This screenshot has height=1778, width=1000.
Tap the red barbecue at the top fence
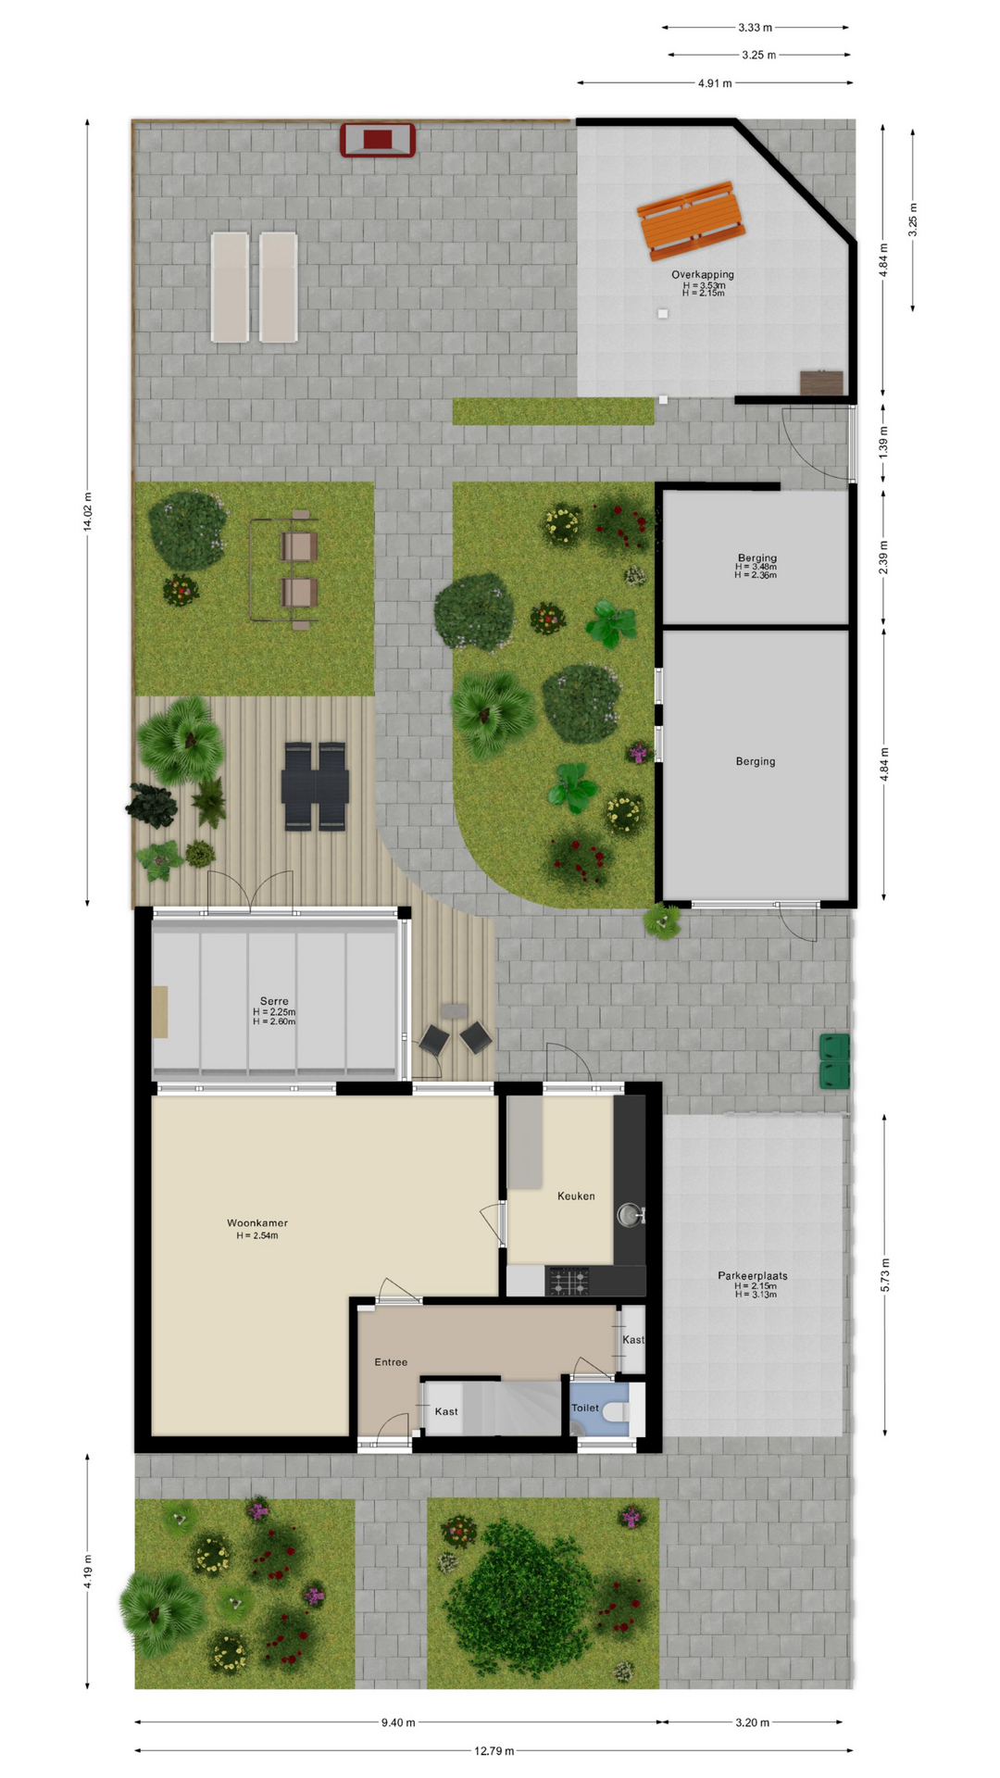click(x=378, y=140)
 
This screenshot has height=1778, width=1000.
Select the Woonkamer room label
click(x=257, y=1223)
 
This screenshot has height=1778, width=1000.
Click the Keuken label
click(x=576, y=1196)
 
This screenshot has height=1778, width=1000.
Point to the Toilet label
click(x=585, y=1408)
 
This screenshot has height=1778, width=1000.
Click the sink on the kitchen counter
click(x=631, y=1213)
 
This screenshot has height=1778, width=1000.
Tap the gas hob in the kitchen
click(x=569, y=1282)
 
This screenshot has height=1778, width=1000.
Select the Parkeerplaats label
click(x=753, y=1275)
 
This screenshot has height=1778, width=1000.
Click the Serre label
click(x=274, y=1001)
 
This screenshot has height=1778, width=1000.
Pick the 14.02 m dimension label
click(x=88, y=511)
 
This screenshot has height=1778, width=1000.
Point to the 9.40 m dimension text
click(x=398, y=1722)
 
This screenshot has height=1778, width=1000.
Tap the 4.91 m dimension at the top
click(x=715, y=83)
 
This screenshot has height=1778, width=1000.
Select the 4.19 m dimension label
click(x=88, y=1571)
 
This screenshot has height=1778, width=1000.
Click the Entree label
click(x=391, y=1362)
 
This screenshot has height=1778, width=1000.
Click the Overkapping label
click(x=703, y=274)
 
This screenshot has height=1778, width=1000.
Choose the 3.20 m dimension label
click(x=753, y=1722)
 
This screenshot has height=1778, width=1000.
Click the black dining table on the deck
click(x=316, y=786)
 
